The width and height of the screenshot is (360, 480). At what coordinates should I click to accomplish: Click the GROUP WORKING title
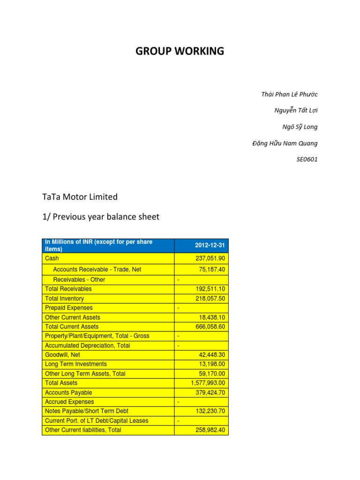tap(180, 52)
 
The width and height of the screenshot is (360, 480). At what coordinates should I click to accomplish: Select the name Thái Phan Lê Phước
tap(289, 94)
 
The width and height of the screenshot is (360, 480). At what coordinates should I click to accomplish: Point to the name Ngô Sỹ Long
tap(300, 127)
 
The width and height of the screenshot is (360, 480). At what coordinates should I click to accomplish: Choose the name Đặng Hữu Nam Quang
tap(285, 143)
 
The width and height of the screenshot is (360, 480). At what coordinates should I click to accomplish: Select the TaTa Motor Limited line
tap(80, 197)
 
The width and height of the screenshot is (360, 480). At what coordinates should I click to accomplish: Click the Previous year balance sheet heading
tap(101, 217)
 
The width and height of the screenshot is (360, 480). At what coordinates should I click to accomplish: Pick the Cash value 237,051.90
tap(210, 258)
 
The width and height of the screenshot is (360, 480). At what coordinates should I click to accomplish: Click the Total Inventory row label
tap(64, 299)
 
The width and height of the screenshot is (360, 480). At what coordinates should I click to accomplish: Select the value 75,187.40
tap(212, 270)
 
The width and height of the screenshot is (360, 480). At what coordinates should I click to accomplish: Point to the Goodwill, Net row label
tap(62, 355)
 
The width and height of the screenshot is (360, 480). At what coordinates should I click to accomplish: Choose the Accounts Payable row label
tap(68, 392)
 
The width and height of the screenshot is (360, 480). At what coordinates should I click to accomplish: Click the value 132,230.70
tap(210, 411)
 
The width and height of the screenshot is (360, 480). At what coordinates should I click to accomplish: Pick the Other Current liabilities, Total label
tap(83, 430)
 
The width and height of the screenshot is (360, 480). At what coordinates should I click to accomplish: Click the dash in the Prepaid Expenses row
tap(178, 308)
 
